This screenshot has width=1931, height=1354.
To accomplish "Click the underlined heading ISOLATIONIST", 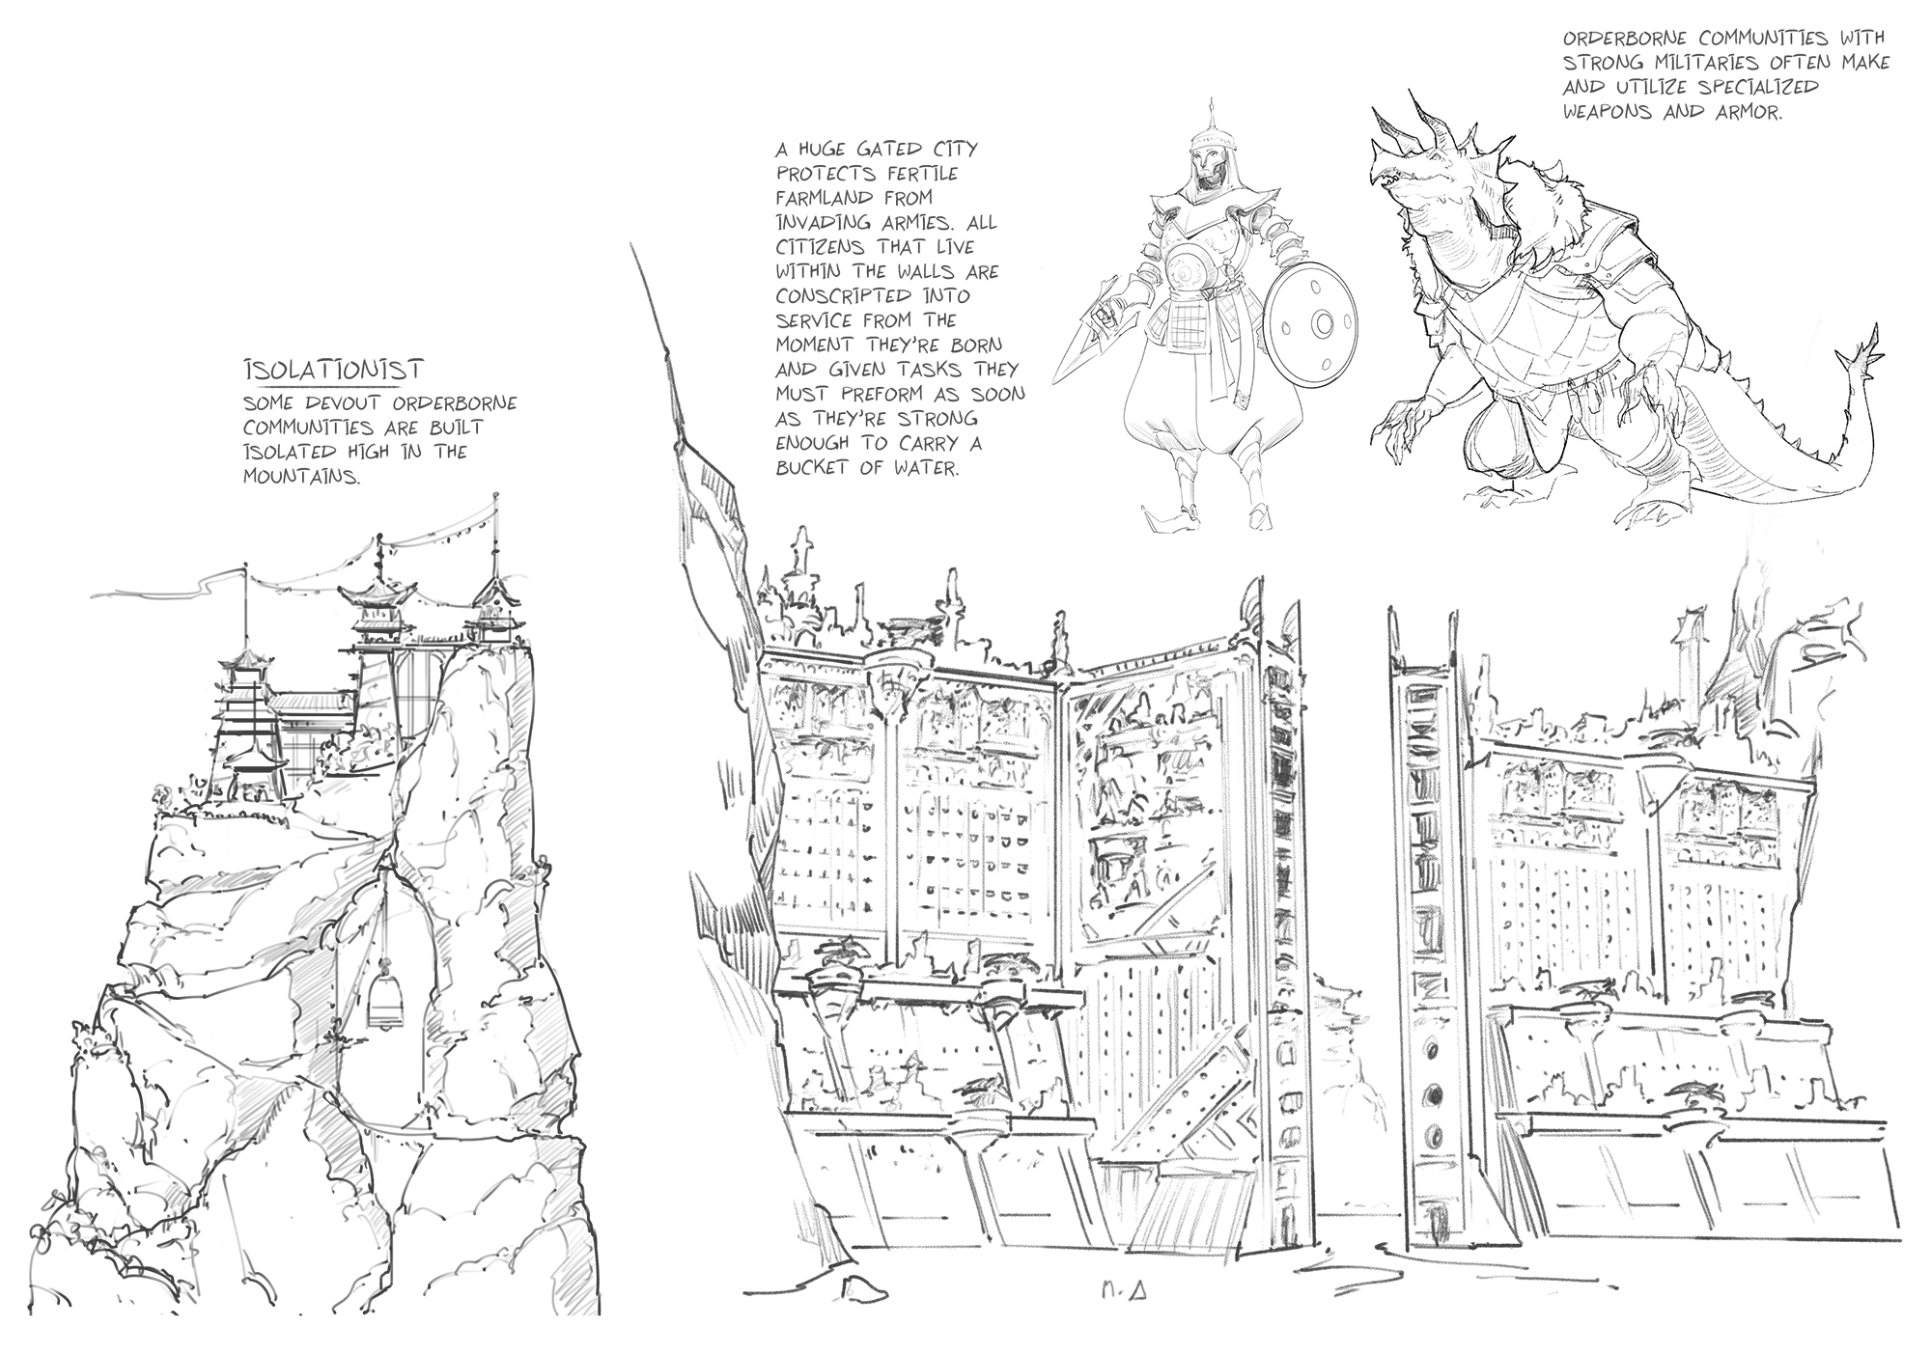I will tap(333, 370).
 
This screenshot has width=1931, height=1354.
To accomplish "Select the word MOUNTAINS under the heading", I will tap(301, 477).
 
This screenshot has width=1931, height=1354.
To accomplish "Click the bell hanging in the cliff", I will tap(384, 1004).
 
